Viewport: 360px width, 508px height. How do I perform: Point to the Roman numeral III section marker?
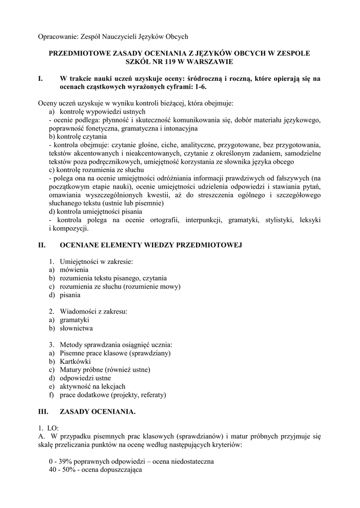(x=43, y=411)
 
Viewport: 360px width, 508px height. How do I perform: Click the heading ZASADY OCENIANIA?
(x=97, y=411)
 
